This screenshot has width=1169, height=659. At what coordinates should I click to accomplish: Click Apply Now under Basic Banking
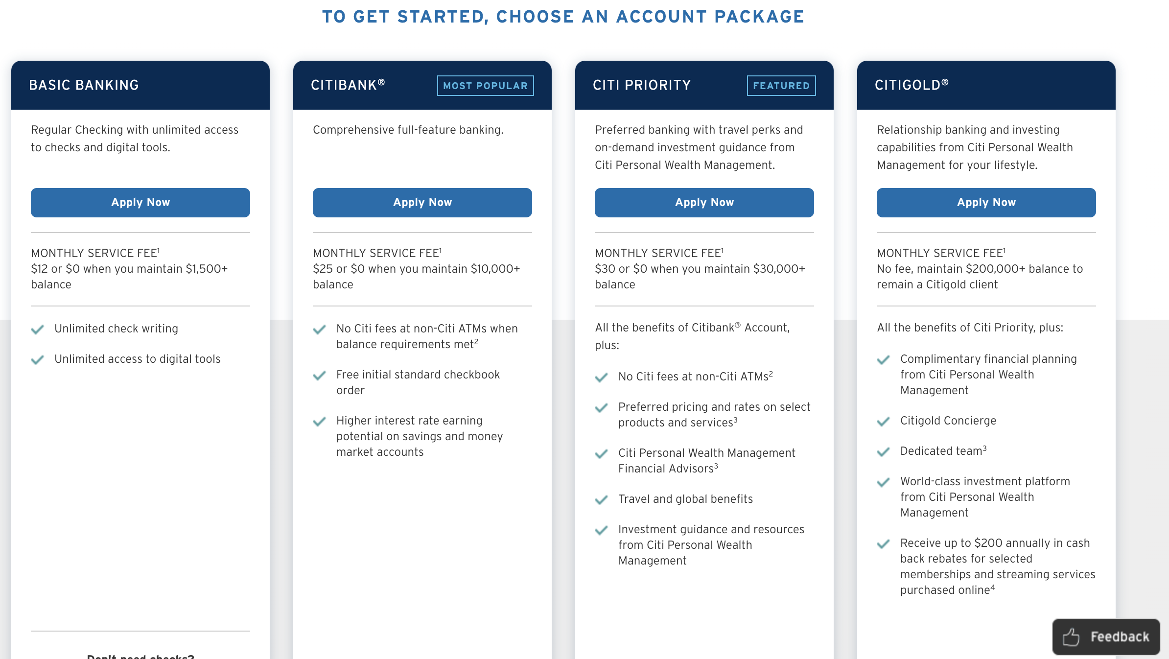click(140, 203)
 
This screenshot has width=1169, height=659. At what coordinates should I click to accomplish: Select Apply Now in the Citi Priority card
click(704, 203)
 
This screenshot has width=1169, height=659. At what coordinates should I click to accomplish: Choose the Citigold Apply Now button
click(986, 203)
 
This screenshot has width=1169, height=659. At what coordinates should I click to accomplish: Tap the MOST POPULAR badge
click(485, 86)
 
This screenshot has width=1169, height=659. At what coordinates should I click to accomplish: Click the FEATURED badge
click(781, 86)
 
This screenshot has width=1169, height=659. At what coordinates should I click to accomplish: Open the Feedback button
click(1106, 636)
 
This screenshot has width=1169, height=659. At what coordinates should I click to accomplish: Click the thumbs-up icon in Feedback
click(1071, 637)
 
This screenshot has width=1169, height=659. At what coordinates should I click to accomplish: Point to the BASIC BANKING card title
click(84, 85)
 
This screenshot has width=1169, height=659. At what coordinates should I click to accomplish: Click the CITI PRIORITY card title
click(641, 85)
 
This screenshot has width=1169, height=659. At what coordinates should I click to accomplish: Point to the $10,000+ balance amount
click(495, 269)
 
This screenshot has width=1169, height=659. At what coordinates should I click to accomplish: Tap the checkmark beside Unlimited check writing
click(37, 329)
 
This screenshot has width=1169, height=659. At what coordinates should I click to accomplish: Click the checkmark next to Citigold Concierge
click(883, 422)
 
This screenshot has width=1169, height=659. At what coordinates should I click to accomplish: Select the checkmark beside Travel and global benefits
click(601, 500)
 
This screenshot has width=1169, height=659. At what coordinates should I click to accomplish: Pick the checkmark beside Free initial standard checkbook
click(319, 376)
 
